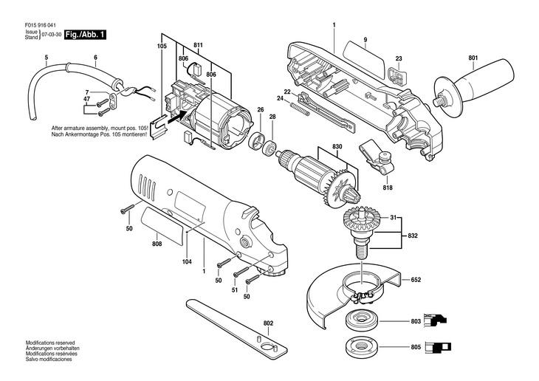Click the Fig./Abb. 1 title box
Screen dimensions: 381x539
[x=86, y=35]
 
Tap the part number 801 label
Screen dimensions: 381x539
[x=473, y=58]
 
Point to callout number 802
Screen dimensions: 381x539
[x=267, y=323]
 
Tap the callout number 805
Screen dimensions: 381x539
[x=416, y=348]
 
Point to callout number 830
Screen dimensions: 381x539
[x=338, y=147]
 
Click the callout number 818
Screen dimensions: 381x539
[x=388, y=188]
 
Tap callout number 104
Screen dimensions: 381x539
[x=188, y=261]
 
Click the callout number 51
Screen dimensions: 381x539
[x=236, y=290]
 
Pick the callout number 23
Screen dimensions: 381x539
[x=398, y=58]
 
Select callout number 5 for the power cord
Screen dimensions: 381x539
[x=46, y=58]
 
